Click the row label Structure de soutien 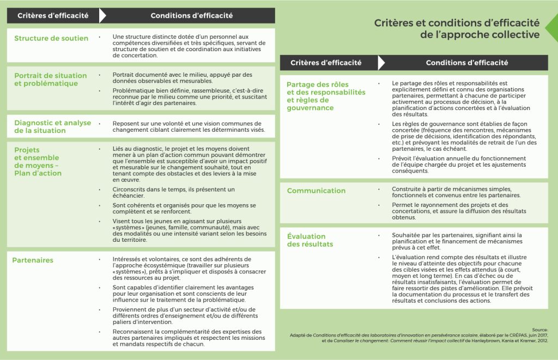point(51,38)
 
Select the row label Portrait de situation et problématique point(50,80)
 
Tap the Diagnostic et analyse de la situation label point(52,127)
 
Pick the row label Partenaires point(33,260)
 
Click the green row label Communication point(316,191)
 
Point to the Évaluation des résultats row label point(310,241)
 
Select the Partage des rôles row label point(326,96)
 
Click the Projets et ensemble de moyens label point(38,162)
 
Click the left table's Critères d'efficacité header point(53,16)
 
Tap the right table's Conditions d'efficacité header point(466,63)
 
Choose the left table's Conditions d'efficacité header point(191,16)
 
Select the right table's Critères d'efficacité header point(326,63)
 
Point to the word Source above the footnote point(540,330)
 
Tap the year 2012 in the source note point(539,340)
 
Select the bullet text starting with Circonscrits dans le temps point(173,192)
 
